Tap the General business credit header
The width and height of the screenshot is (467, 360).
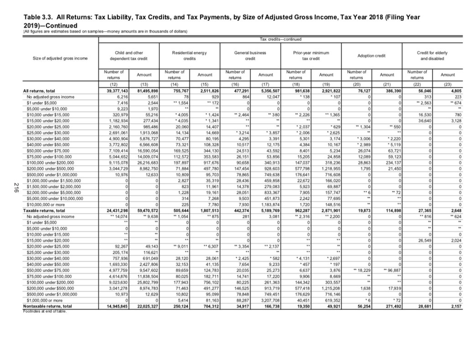point(250,56)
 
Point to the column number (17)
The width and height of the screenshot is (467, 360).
point(265,85)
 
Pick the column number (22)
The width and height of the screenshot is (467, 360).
point(417,85)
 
